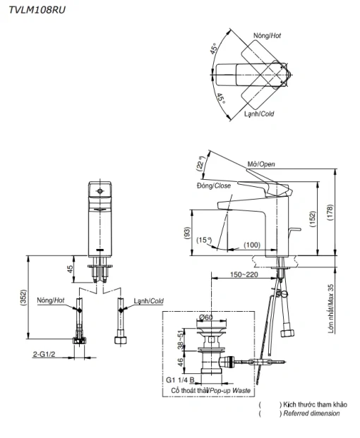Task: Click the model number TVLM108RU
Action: (37, 10)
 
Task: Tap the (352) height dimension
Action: (23, 297)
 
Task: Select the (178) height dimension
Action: (330, 212)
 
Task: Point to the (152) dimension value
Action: (313, 219)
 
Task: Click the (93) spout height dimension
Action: (187, 233)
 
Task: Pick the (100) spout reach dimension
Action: (252, 245)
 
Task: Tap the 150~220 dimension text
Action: (244, 274)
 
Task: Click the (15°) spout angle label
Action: (204, 240)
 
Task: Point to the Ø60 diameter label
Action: (206, 317)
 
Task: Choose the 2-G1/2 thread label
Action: (44, 354)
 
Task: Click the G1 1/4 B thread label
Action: (180, 380)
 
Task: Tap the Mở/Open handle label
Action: (261, 164)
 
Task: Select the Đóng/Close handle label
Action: (214, 185)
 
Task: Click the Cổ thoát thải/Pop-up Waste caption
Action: (211, 391)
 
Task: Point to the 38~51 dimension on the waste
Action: (181, 340)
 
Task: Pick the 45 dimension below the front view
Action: (70, 269)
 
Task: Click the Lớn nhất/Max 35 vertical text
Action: (331, 309)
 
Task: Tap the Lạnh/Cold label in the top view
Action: (259, 114)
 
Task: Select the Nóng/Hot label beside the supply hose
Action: (51, 300)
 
